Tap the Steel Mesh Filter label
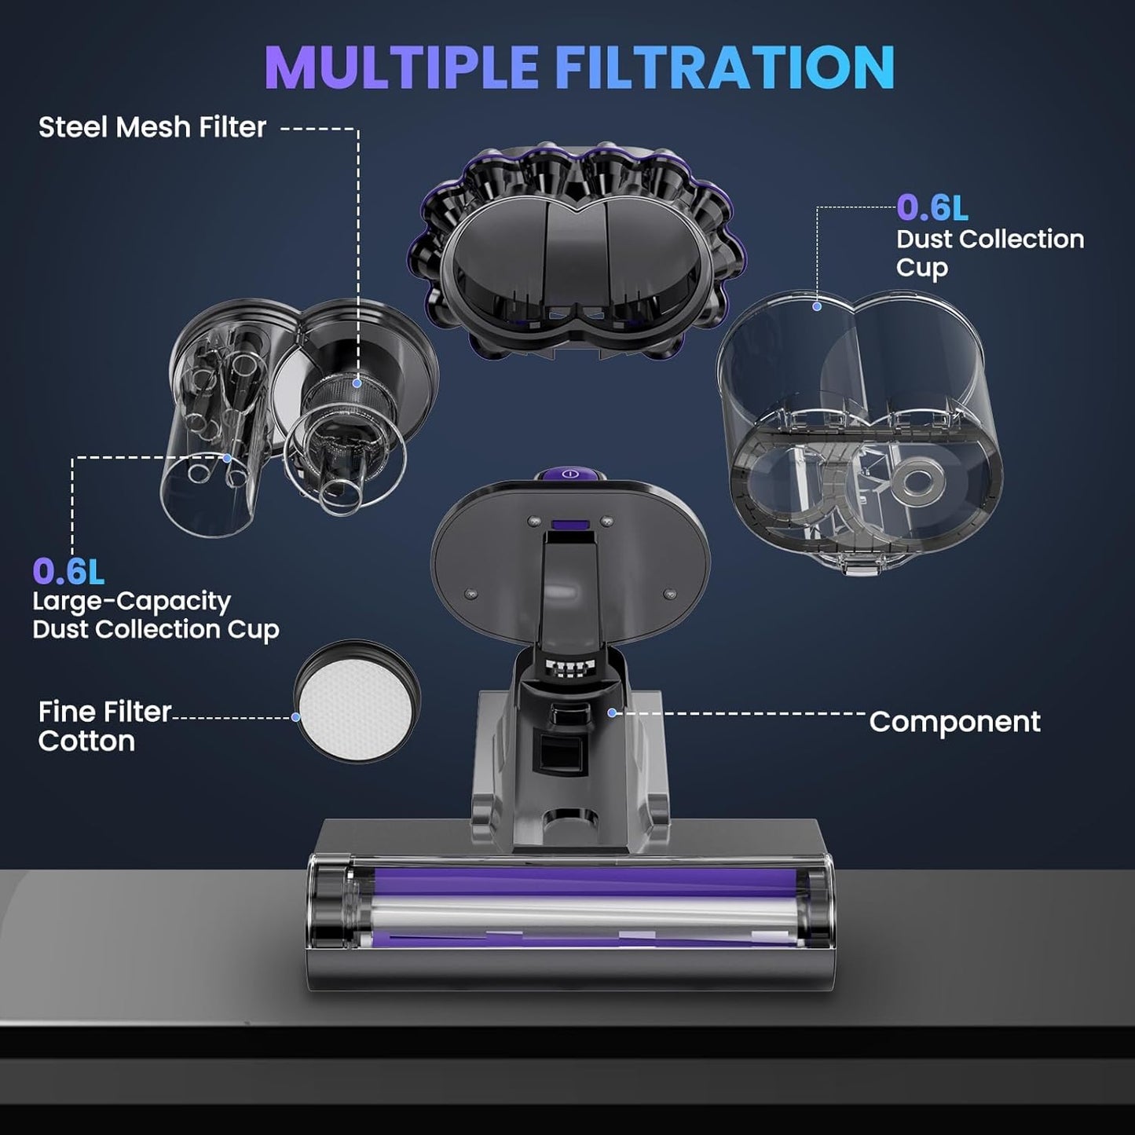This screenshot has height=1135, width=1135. coord(152,127)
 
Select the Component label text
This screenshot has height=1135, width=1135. coord(954,722)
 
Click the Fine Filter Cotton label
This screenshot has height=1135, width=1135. coord(104,726)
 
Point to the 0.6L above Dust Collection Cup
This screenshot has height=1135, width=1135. coord(932,208)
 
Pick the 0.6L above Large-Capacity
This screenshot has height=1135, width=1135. coord(68,572)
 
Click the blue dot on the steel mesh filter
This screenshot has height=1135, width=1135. coord(357,383)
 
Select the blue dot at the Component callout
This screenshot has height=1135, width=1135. coord(612,712)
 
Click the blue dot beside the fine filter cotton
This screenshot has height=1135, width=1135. coord(296,717)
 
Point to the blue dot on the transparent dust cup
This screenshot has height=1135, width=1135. coord(817,306)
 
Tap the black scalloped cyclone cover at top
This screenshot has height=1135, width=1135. coord(576,251)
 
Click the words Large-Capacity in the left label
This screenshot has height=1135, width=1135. coord(131,602)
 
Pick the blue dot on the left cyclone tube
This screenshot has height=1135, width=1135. coord(228,458)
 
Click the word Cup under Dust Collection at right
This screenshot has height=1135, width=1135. coord(922,268)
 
